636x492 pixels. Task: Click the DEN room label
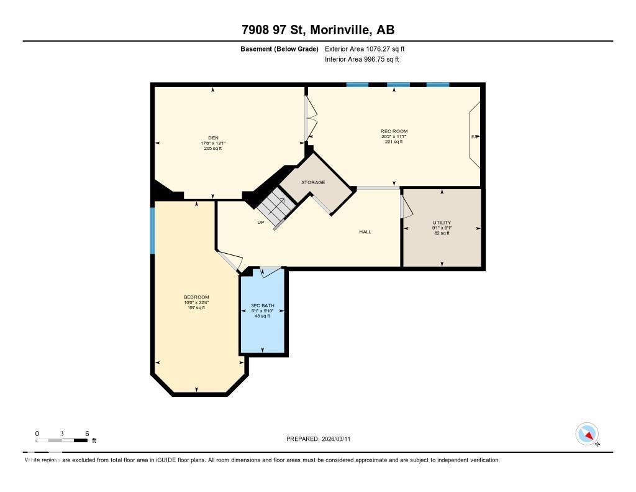point(213,138)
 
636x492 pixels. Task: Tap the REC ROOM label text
point(393,131)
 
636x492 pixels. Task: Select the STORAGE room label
point(313,182)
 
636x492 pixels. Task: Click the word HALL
point(365,232)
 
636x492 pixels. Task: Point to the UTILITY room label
point(442,223)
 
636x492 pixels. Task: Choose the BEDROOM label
point(196,297)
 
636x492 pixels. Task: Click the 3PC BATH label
point(262,305)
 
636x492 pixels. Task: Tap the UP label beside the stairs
point(261,222)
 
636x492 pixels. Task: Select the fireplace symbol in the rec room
point(474,136)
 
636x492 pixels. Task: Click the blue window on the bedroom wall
point(152,230)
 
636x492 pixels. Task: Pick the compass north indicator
point(588,434)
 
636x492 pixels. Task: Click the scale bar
point(62,440)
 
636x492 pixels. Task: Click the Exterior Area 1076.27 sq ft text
point(365,49)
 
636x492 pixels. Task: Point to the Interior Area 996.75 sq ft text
point(361,60)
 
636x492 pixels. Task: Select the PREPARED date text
point(322,439)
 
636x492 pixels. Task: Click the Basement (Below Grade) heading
point(279,49)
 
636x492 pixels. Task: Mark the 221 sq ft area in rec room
point(393,142)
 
